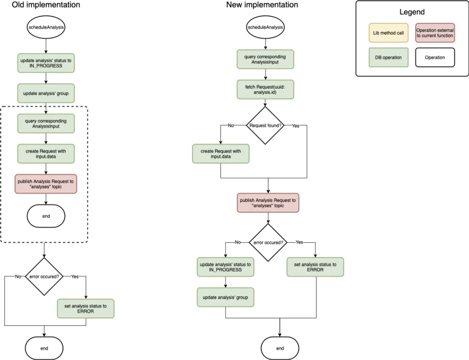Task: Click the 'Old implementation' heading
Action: pos(45,5)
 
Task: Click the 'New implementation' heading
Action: pos(262,5)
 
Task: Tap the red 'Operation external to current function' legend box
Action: pos(435,33)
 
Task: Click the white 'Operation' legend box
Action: pos(435,58)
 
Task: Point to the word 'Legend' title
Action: pos(412,12)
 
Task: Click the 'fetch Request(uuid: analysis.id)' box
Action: pos(265,89)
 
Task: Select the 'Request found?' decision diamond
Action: pos(265,125)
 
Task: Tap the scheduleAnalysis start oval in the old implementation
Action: pos(45,27)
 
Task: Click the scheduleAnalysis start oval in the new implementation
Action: pos(265,27)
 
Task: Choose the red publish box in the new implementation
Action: pos(268,203)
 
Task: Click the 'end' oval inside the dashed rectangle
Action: pos(45,216)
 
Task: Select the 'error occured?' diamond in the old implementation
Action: pos(44,276)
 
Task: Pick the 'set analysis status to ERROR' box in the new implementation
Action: pos(315,267)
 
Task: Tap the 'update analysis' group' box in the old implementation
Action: pos(45,93)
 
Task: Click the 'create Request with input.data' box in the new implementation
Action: pos(220,153)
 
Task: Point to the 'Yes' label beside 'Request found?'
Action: pos(295,126)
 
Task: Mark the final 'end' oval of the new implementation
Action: pos(280,348)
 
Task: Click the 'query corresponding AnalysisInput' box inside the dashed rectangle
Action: pos(45,123)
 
